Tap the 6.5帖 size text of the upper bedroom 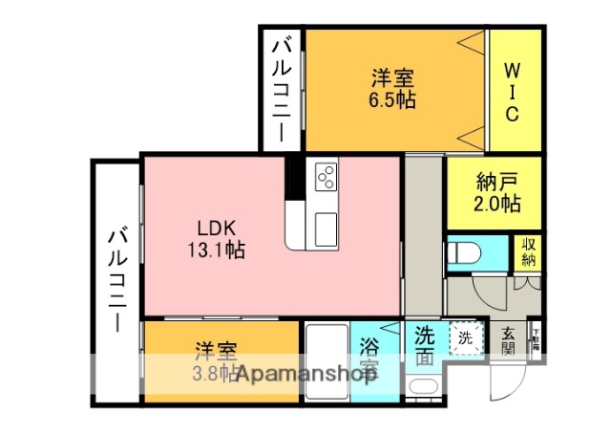(393, 99)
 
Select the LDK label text (216, 229)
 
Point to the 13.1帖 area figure (216, 250)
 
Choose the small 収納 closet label (528, 251)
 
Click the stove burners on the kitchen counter (326, 178)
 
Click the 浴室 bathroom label (368, 359)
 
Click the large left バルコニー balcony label (116, 277)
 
